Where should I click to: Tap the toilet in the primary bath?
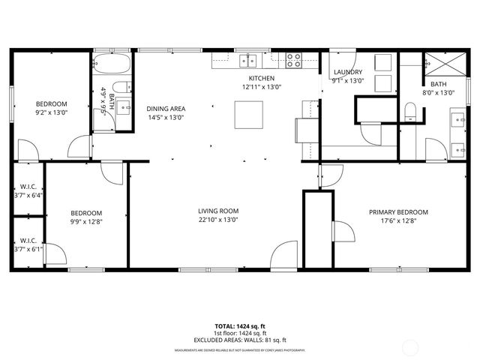pos(409,113)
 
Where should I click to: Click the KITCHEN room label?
pos(261,78)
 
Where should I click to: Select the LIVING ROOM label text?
pos(218,211)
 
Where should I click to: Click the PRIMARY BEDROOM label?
pos(398,212)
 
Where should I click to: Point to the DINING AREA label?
pos(165,109)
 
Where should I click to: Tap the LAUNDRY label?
pos(348,72)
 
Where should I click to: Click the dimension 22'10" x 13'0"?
pos(218,220)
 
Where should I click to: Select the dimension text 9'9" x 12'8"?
pos(86,221)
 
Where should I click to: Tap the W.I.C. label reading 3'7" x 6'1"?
pos(28,249)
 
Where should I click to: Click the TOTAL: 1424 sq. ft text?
pos(239,327)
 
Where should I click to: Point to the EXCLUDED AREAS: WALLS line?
pos(239,341)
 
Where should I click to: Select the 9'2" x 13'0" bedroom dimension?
pos(51,112)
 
